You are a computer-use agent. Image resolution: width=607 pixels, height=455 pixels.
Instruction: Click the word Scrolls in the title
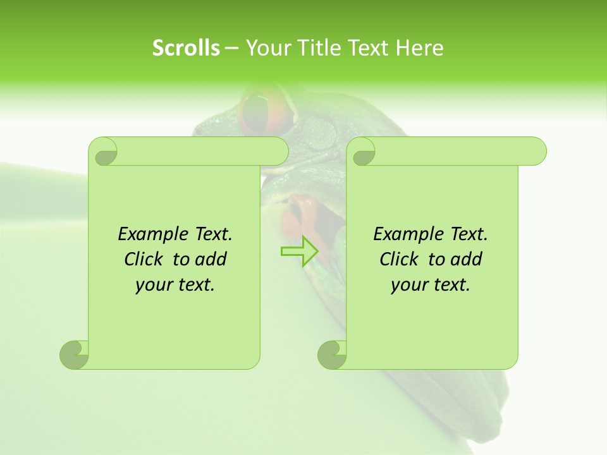(x=186, y=48)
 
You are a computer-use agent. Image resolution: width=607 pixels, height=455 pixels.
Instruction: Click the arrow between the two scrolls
(x=300, y=252)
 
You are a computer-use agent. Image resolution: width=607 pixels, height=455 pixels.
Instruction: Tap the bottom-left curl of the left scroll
(x=75, y=355)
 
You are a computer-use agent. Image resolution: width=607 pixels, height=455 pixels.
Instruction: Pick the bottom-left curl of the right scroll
(x=332, y=355)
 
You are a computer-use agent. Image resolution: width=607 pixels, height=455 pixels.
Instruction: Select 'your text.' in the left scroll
(x=175, y=285)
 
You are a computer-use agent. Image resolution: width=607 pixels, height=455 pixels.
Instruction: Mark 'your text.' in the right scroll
(x=431, y=285)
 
